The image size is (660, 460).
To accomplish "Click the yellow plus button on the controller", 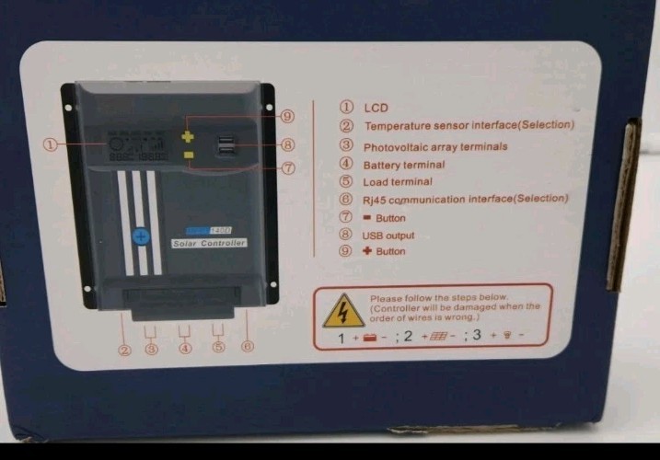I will click(189, 136).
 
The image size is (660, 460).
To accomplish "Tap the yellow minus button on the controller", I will click(189, 155).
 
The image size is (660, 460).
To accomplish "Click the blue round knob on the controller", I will click(141, 236).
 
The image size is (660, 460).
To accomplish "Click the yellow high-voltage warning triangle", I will click(343, 313).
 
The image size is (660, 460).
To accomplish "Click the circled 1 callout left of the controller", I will click(52, 144).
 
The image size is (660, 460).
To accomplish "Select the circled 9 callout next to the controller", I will click(286, 116).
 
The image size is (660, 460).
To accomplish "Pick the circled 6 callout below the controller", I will click(247, 347).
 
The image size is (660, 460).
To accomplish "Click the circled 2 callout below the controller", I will click(123, 351).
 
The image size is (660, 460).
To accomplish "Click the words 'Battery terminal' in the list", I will click(404, 165).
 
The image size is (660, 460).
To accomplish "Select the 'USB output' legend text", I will click(388, 236).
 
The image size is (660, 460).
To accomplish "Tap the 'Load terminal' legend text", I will click(398, 182).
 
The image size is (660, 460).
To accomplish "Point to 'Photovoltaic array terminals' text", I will click(435, 146).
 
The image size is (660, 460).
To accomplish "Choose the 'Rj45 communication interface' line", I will click(466, 199).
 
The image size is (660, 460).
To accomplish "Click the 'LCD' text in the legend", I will click(376, 108).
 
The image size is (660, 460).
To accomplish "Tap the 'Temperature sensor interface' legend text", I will click(469, 125).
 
